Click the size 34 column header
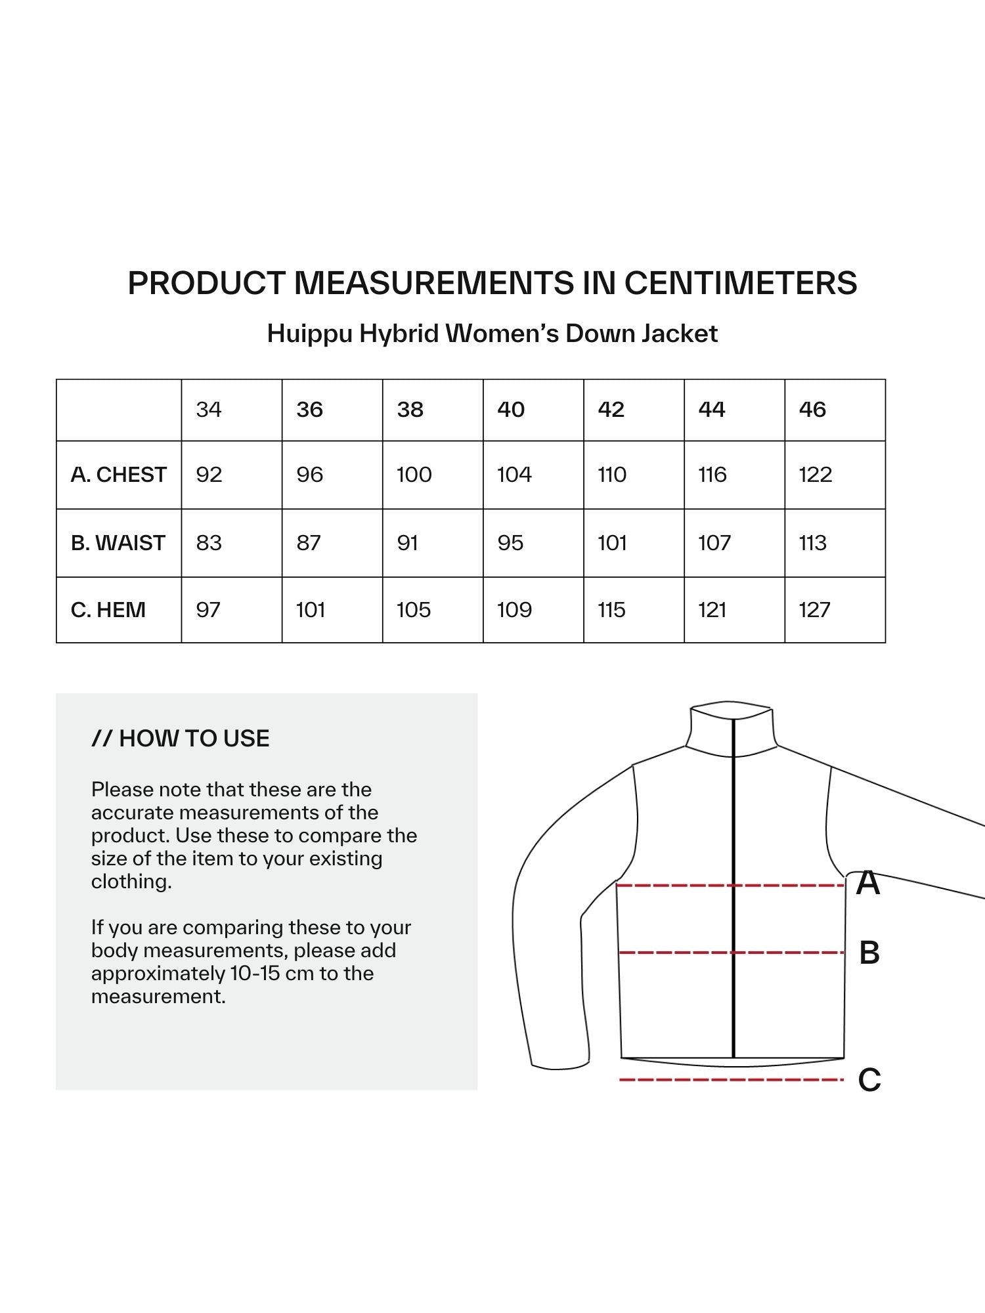(x=209, y=410)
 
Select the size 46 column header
(x=812, y=410)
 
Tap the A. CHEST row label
(x=119, y=475)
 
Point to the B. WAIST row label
(x=118, y=543)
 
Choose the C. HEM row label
(x=108, y=610)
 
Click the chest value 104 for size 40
(x=514, y=475)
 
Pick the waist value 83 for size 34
(x=209, y=543)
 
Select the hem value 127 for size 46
(x=814, y=610)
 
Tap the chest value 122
(x=816, y=475)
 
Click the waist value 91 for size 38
(x=408, y=543)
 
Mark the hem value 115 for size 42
(x=611, y=610)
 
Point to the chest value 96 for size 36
(x=309, y=475)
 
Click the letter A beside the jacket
(x=868, y=883)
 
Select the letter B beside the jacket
(x=869, y=953)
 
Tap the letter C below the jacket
(x=869, y=1079)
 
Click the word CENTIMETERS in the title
(x=741, y=283)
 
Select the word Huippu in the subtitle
(x=309, y=334)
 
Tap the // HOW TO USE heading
(x=181, y=739)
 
